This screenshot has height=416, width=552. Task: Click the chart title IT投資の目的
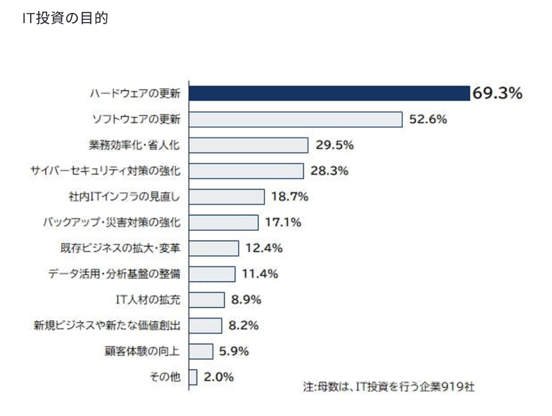coord(65,18)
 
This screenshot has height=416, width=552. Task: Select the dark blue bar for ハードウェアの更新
coord(329,93)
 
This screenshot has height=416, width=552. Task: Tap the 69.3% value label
coord(497,94)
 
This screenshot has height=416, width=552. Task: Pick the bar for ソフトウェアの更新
coord(295,119)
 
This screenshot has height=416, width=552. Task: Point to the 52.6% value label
coord(428,119)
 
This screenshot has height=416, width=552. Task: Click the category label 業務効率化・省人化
coord(135,145)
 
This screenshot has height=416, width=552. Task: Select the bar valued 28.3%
coord(246,171)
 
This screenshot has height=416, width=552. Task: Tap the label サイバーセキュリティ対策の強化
coord(106,171)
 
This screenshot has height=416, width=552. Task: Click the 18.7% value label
coord(290,197)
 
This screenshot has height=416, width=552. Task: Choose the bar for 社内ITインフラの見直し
coord(226,197)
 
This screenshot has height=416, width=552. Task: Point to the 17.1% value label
coord(283,223)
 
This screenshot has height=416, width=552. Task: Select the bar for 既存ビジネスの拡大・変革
coord(214,248)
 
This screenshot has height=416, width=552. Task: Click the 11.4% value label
coord(260,274)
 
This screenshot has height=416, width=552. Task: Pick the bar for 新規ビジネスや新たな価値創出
coord(206,325)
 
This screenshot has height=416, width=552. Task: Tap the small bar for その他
coord(193,377)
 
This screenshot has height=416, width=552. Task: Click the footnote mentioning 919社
coord(389,387)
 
